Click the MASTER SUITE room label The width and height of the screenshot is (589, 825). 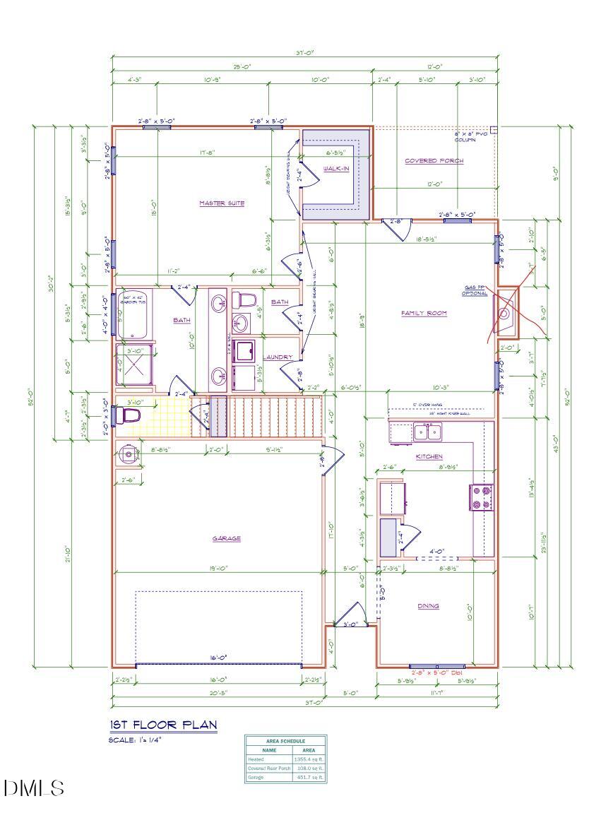point(222,203)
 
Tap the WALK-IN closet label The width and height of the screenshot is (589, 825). point(335,169)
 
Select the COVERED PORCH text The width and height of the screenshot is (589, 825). point(434,161)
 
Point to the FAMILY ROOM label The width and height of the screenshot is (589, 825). point(424,313)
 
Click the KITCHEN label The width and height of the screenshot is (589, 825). point(429,457)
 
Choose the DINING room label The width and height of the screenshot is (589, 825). point(427,605)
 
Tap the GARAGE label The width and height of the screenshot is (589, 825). point(227,538)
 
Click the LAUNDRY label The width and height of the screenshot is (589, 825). point(278,357)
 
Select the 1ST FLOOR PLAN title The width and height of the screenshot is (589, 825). point(163,725)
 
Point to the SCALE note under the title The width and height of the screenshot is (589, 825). point(136,740)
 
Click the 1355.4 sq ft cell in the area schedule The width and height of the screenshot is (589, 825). point(309,759)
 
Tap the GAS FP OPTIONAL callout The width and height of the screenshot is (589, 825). point(475,290)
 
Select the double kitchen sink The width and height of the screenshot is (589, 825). point(427,431)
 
